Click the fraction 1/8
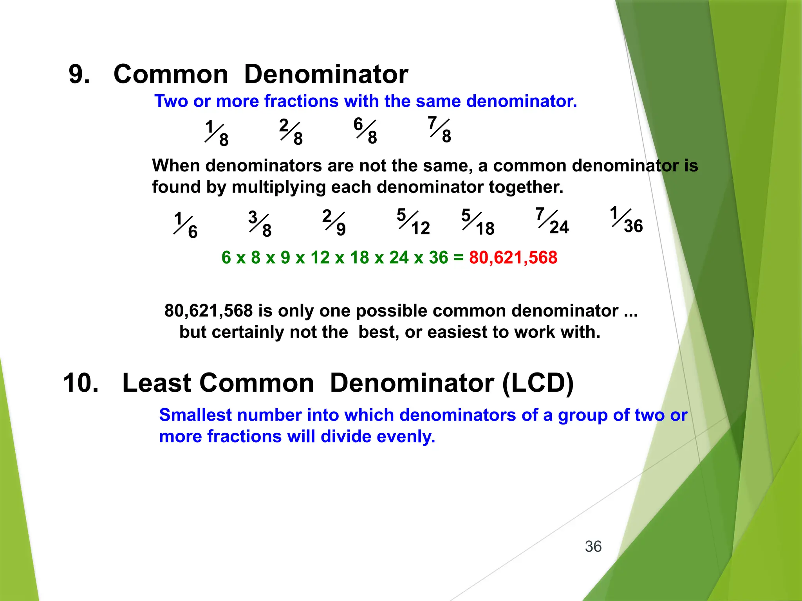tap(217, 133)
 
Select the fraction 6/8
tap(365, 130)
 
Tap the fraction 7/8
tap(439, 129)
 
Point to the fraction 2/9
tap(334, 222)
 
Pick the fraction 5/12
tap(413, 221)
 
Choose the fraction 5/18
tap(478, 222)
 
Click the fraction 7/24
tap(552, 221)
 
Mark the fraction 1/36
tap(626, 220)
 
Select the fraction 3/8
tap(260, 224)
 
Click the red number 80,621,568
tap(513, 257)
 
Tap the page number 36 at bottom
tap(593, 547)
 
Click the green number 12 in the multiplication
tap(320, 257)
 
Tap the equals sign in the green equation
tap(458, 257)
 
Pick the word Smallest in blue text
tap(195, 415)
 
